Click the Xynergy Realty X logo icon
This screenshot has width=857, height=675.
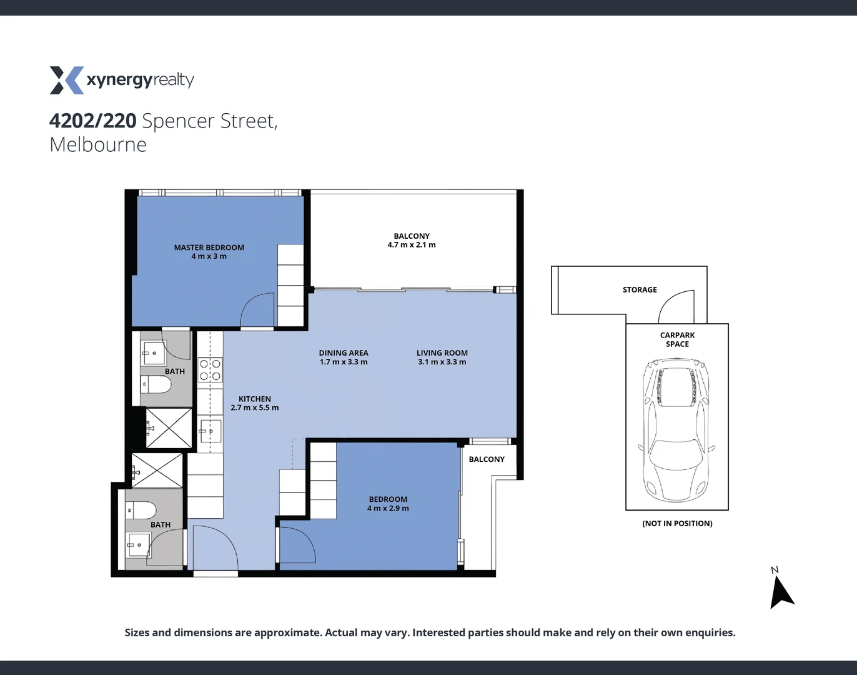click(x=66, y=80)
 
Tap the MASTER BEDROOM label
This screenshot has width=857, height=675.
click(x=209, y=247)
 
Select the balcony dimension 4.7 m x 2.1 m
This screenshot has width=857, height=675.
click(x=412, y=245)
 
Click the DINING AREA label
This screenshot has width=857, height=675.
click(x=344, y=353)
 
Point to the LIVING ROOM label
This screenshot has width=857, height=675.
click(x=442, y=353)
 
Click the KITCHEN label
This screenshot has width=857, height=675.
click(x=255, y=399)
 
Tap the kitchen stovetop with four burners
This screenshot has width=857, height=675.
click(x=210, y=369)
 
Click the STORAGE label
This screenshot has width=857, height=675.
click(x=640, y=290)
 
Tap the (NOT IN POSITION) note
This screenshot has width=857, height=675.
click(x=677, y=524)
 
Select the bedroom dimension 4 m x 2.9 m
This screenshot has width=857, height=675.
click(x=388, y=508)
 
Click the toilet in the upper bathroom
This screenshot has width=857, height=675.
click(x=156, y=384)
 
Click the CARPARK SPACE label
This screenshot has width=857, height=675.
click(x=677, y=339)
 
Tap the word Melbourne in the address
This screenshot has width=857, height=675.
click(x=98, y=145)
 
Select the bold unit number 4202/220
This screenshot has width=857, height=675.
click(x=93, y=121)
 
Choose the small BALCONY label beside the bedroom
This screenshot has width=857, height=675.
click(x=487, y=459)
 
